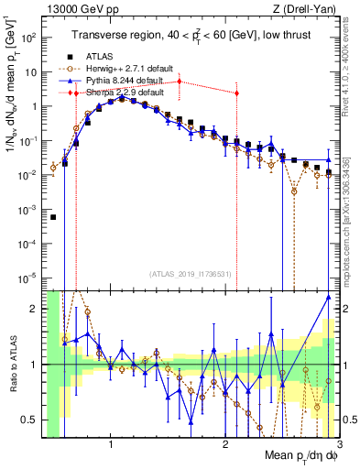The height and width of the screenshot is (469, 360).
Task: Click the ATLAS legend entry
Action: [x=101, y=57]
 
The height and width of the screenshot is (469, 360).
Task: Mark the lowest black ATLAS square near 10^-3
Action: [x=53, y=217]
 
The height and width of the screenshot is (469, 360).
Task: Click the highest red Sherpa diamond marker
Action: [x=179, y=82]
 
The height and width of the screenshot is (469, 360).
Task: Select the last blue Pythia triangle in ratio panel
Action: [x=328, y=298]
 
